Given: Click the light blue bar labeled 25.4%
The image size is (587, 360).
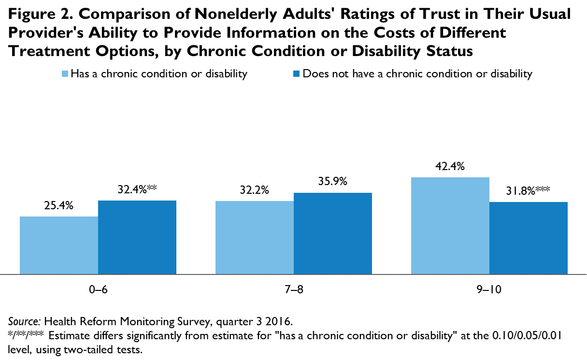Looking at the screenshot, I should point(59,245).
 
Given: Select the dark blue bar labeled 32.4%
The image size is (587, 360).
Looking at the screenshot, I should point(137,237).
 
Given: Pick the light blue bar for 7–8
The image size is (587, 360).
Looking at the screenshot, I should point(255,237).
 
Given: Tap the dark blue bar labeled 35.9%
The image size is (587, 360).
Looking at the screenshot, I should point(333,233).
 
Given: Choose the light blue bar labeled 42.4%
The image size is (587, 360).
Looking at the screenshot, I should point(450,226).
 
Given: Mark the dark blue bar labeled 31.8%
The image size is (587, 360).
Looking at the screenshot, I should point(528,238).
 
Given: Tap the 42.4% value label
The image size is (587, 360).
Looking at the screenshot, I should point(450,167).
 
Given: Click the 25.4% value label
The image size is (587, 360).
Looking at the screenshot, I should point(59,206).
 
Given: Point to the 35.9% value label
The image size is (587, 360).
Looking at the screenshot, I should point(333,182).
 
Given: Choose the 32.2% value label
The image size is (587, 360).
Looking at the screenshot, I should point(255,190).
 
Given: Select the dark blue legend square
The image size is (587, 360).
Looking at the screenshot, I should point(297,74).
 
